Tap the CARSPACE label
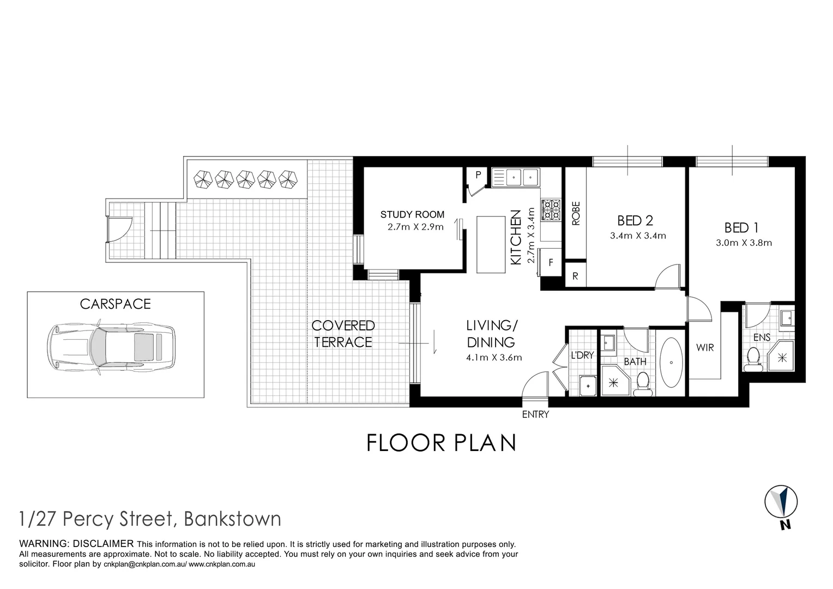coord(115,304)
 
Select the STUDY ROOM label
coord(412,215)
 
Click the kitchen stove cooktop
coord(550,209)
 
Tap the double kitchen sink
coord(515,177)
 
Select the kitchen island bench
coord(491,244)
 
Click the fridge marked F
coord(551,262)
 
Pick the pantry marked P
coord(478,175)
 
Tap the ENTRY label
coord(535,414)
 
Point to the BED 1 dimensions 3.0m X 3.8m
coord(744,243)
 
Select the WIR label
coord(704,347)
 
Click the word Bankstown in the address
coord(233,519)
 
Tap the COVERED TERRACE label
coord(343,334)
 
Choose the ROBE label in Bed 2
coord(576,213)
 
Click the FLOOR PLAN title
coord(441,443)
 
